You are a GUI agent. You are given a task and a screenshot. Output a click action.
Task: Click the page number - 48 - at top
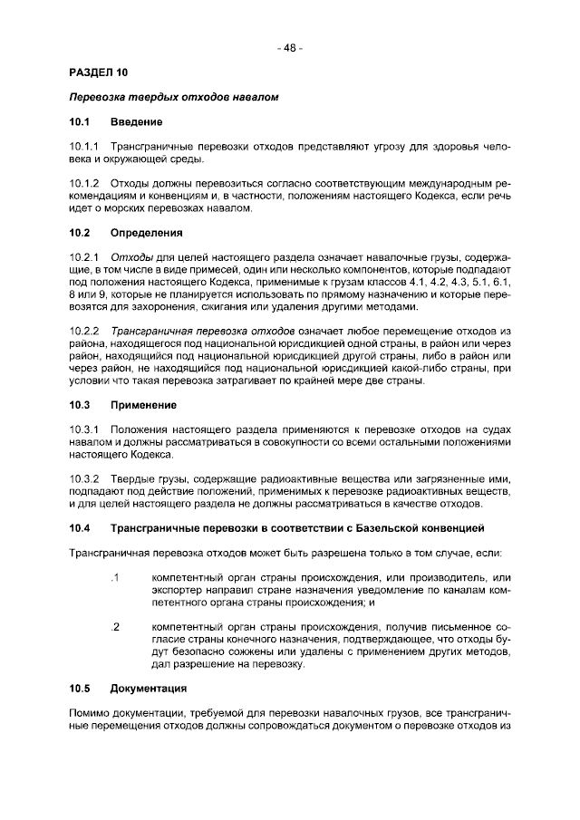point(290,47)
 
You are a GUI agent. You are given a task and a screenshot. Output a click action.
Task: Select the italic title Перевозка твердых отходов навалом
point(173,96)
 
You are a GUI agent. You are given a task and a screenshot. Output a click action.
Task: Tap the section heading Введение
point(137,121)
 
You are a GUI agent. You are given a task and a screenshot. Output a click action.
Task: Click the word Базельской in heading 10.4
point(387,527)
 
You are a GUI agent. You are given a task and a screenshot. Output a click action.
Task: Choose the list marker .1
point(114,577)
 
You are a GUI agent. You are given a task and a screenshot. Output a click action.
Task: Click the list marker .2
point(114,626)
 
